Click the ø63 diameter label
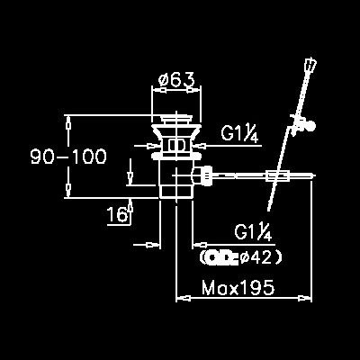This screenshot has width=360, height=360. (x=176, y=79)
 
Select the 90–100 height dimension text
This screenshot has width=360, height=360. (x=68, y=157)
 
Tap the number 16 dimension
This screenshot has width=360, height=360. (x=117, y=214)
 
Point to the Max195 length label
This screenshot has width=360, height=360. (x=238, y=287)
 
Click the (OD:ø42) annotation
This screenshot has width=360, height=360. (x=241, y=257)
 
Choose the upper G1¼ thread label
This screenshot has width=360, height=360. (x=239, y=133)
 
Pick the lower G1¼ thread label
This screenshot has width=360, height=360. (x=253, y=232)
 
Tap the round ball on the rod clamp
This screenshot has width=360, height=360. (x=311, y=125)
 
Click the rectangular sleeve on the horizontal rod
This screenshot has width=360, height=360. (x=278, y=176)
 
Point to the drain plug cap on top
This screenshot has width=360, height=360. (x=176, y=118)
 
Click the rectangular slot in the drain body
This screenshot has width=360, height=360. (x=176, y=145)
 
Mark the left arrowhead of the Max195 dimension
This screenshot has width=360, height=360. (x=184, y=298)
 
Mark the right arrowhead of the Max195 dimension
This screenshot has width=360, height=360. (x=304, y=298)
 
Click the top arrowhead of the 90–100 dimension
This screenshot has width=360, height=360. (x=68, y=122)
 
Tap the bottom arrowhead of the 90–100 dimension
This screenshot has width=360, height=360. (x=68, y=191)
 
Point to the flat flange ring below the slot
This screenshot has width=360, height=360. (x=176, y=155)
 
